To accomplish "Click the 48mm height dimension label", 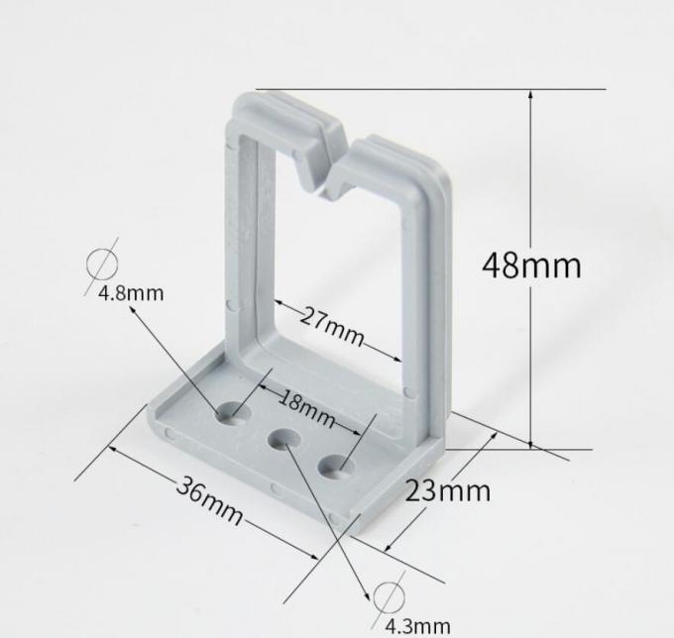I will click(531, 266).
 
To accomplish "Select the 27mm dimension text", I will click(332, 327).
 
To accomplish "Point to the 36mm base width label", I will click(210, 499).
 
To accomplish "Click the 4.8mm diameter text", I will click(131, 293).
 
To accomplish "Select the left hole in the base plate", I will click(234, 410).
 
